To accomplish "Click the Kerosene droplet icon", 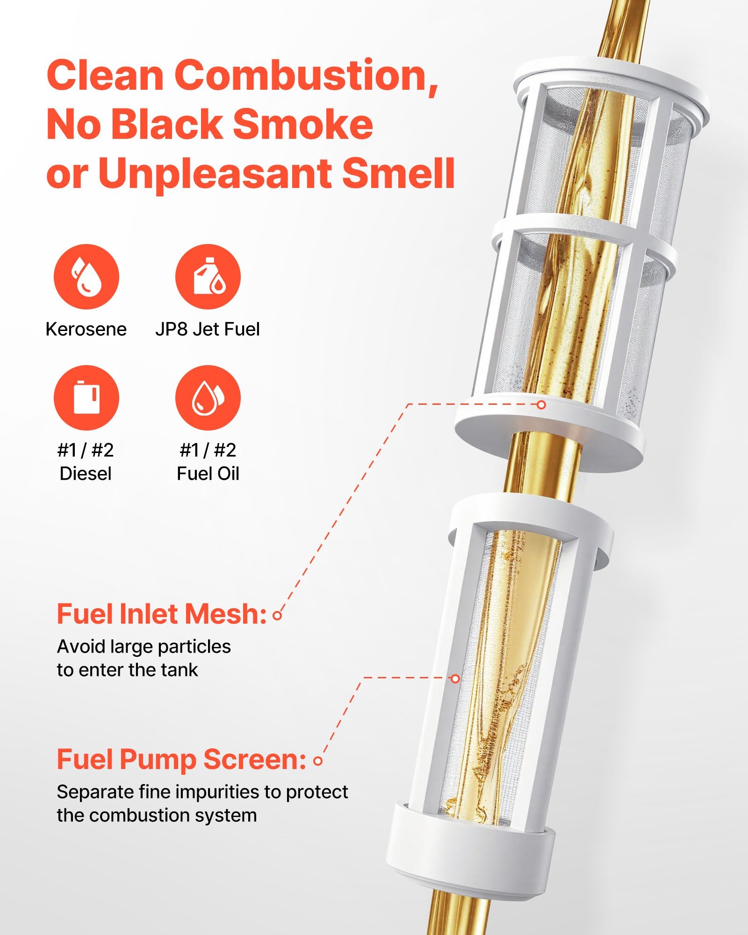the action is click(x=86, y=276).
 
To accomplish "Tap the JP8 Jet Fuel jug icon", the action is click(x=208, y=276).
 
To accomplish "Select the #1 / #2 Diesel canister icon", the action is click(x=86, y=398).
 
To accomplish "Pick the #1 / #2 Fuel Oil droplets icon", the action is click(x=208, y=398).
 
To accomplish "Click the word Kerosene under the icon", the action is click(x=86, y=329).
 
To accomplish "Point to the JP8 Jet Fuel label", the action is click(x=208, y=329).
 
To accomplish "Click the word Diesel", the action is click(x=86, y=474).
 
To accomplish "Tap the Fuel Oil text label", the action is click(x=208, y=474).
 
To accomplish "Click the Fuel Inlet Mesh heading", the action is click(x=161, y=614).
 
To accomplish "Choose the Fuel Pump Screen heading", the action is click(x=181, y=759).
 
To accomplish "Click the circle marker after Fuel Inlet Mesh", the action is click(x=277, y=616).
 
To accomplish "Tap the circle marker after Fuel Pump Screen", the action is click(x=318, y=761).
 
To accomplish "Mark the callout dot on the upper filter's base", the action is click(x=541, y=404).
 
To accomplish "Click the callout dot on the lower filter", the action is click(x=455, y=678).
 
